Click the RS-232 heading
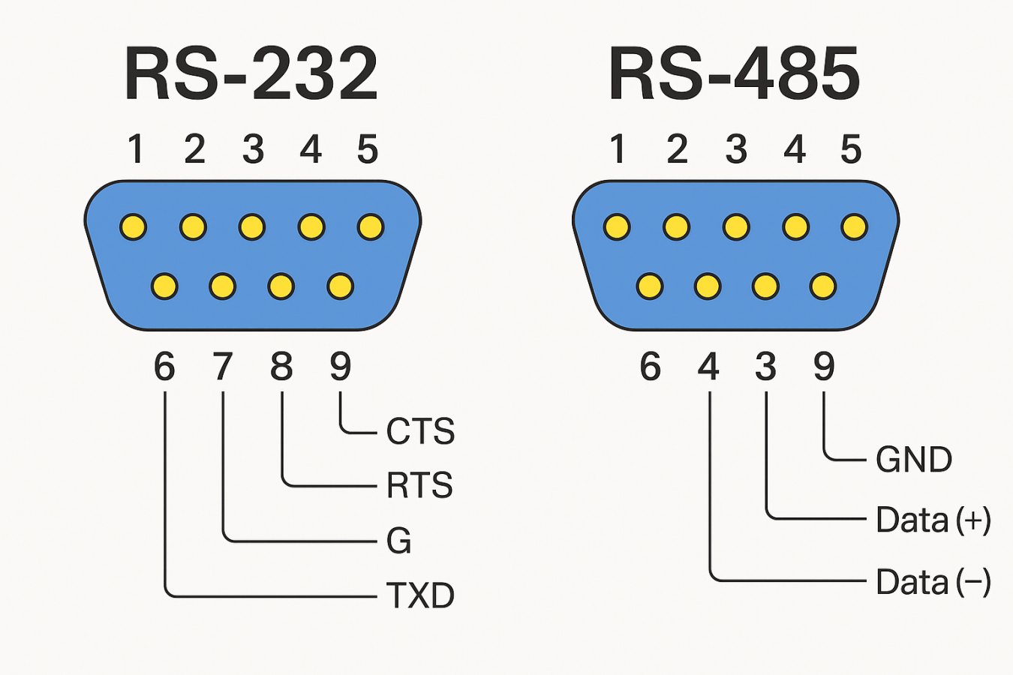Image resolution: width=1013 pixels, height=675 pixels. [x=251, y=74]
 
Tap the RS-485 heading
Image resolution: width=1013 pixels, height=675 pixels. [x=734, y=74]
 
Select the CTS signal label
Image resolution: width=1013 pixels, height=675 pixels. [x=420, y=431]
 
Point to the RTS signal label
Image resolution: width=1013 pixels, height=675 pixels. [x=419, y=485]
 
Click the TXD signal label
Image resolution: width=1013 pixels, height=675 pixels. [x=420, y=595]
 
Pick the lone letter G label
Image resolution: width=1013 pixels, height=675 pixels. [x=398, y=541]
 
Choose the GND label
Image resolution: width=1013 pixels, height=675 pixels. [x=913, y=459]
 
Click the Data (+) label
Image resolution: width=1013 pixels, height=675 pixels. [x=933, y=520]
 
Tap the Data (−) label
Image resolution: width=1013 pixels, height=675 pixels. [x=933, y=582]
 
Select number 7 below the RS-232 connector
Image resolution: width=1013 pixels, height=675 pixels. [x=223, y=367]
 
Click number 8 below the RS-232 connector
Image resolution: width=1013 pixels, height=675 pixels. [x=281, y=367]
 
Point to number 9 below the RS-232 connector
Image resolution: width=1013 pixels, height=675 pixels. [x=340, y=367]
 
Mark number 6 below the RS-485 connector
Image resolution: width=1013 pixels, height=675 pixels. [x=650, y=367]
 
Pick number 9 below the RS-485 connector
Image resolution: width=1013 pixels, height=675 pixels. [x=824, y=367]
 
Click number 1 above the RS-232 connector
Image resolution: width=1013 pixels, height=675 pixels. [x=135, y=148]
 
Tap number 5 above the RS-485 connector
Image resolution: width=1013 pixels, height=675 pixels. [x=851, y=148]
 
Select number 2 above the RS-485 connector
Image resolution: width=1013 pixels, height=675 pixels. [x=677, y=148]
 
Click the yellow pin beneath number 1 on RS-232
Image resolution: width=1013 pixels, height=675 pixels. [x=134, y=226]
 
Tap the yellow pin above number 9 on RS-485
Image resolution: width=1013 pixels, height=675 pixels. [x=823, y=286]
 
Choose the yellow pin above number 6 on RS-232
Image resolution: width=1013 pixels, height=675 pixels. [x=164, y=286]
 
